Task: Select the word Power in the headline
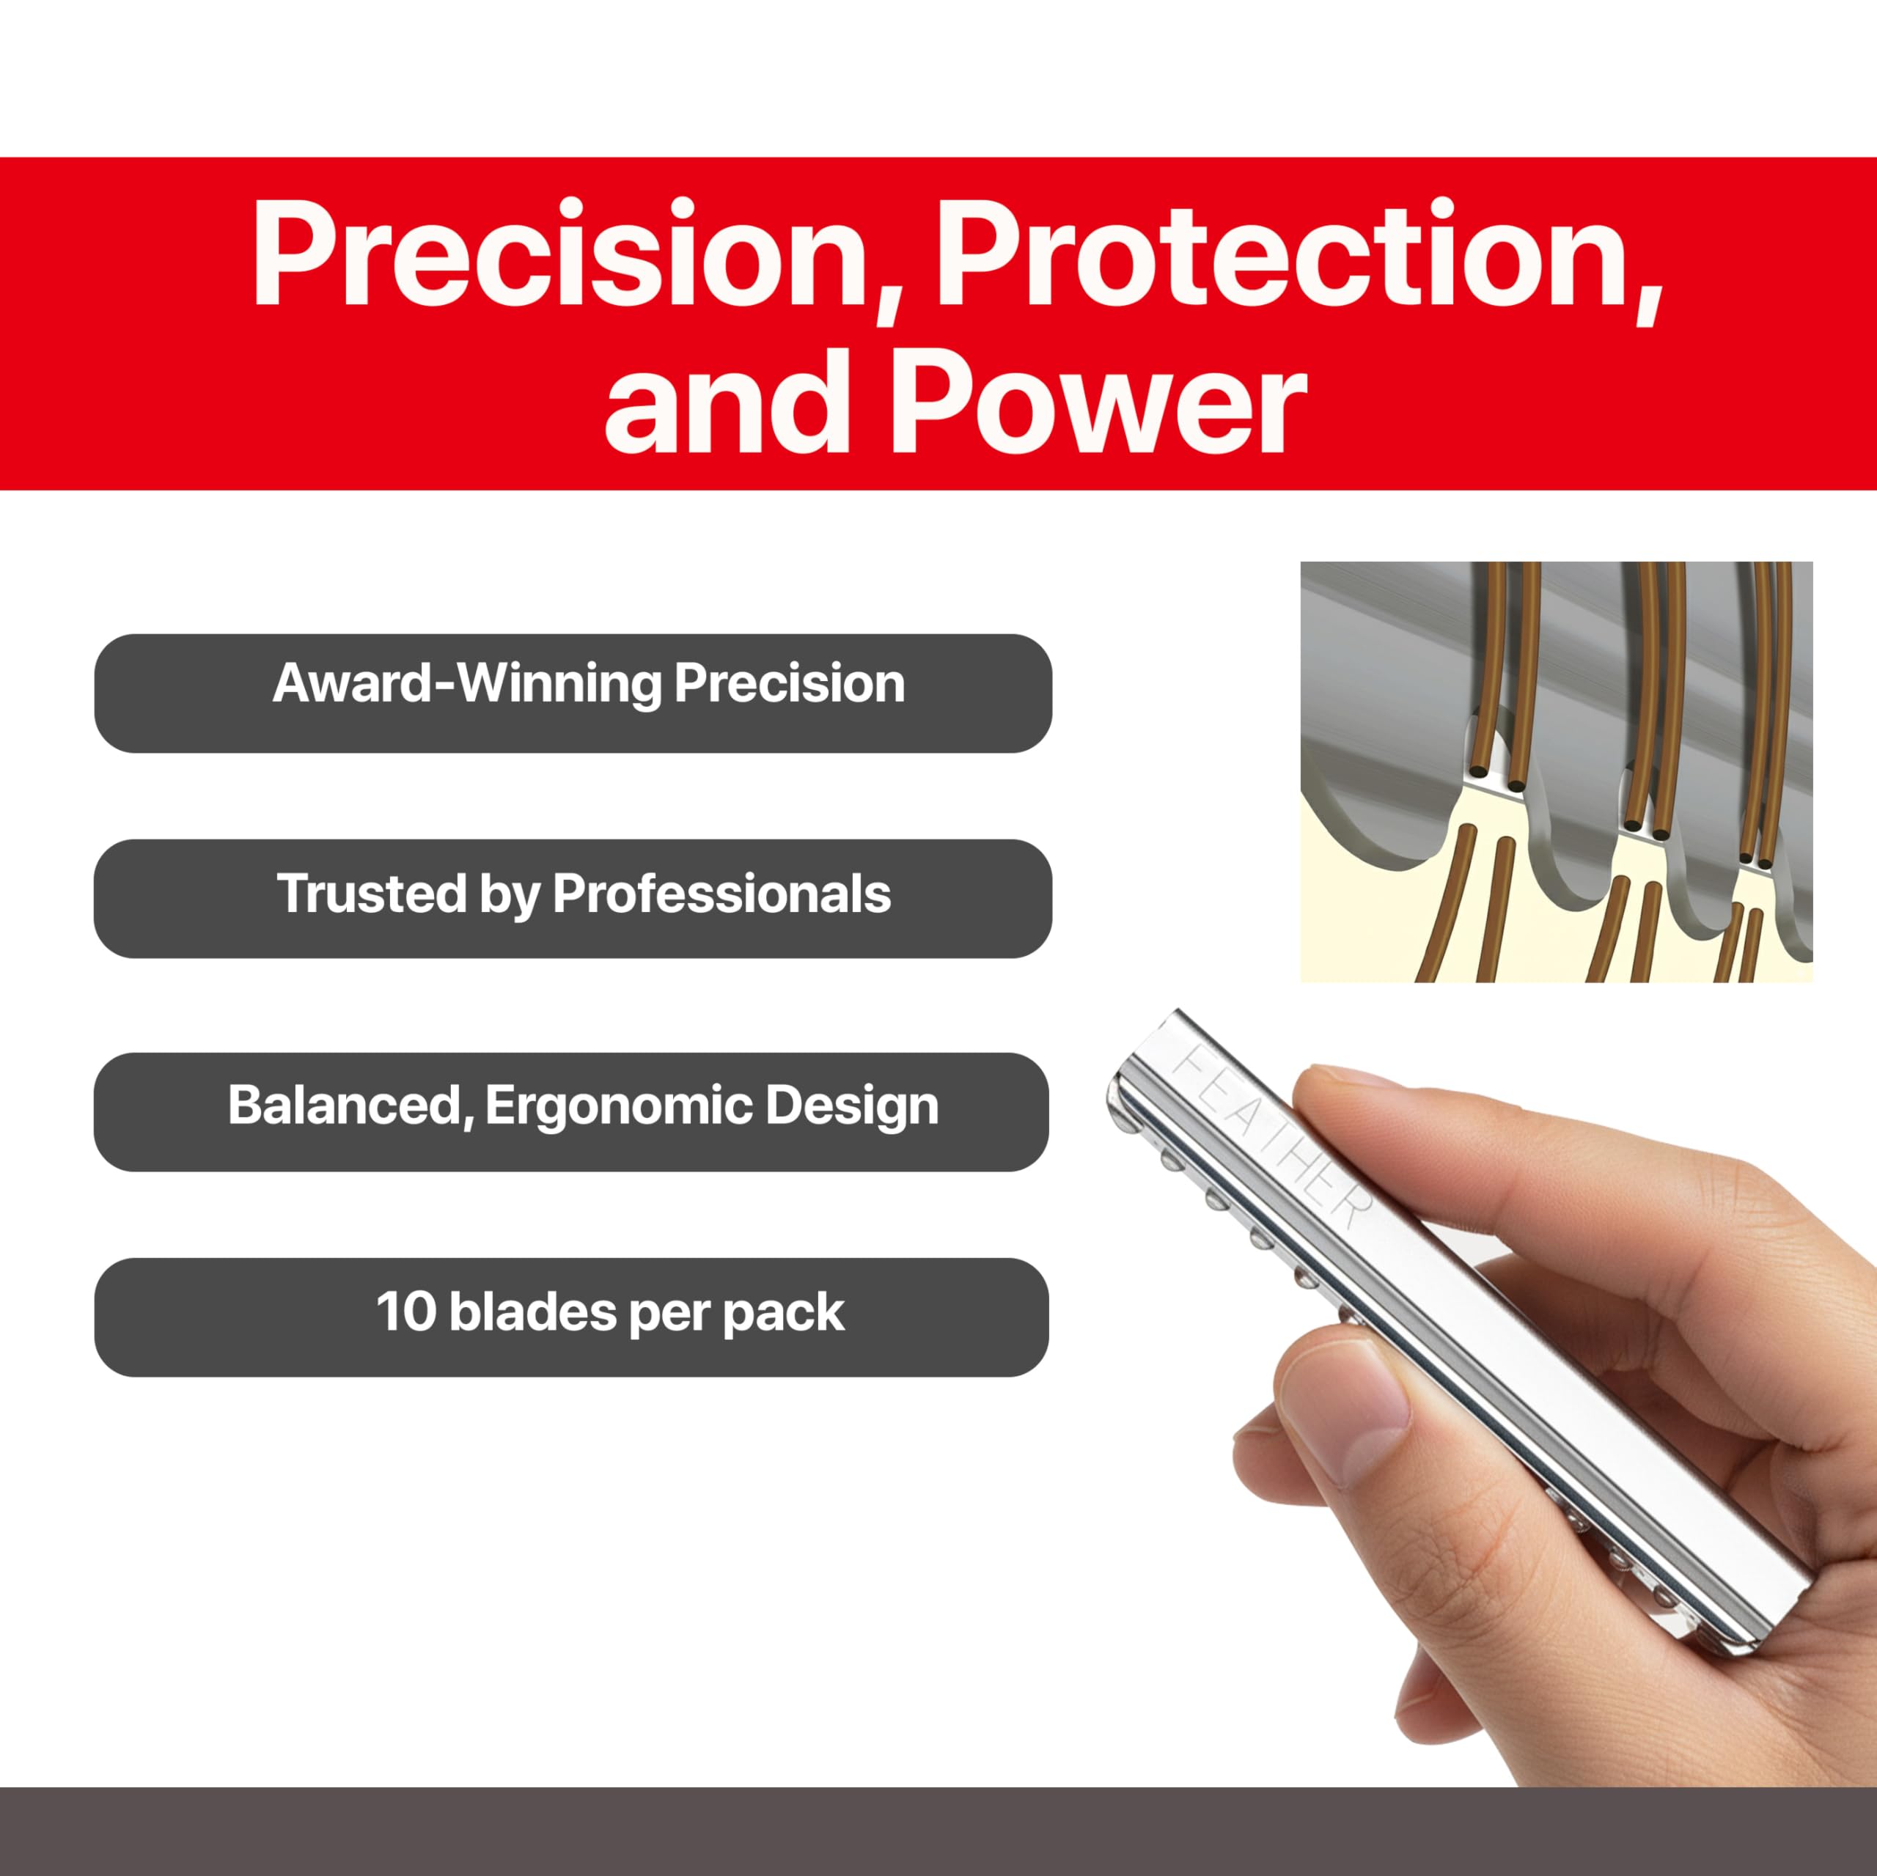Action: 1098,400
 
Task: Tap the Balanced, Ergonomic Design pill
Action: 571,1112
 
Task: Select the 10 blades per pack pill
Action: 571,1317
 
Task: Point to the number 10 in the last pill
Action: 405,1312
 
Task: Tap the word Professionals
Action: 722,894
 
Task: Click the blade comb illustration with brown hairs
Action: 1557,771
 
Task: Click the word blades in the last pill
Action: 532,1312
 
